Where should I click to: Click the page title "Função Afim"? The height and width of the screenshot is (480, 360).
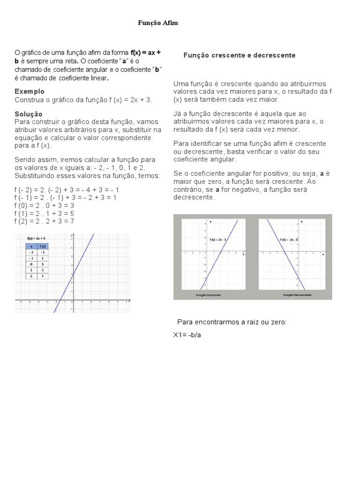[158, 22]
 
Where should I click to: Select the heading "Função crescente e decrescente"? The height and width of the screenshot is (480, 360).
[239, 55]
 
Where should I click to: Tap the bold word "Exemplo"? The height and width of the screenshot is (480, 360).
[30, 91]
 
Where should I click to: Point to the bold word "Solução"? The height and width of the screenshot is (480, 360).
[29, 114]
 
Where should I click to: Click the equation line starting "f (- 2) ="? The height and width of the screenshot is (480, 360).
[67, 190]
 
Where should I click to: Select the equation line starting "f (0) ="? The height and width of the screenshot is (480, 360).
[44, 205]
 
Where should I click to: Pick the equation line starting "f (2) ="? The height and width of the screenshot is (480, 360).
[44, 221]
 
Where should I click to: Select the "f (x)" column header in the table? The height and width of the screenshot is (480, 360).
[43, 246]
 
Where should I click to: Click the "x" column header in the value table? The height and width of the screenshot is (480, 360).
[31, 246]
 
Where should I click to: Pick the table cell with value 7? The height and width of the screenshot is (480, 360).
[43, 277]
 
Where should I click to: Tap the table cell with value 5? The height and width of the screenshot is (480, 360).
[43, 270]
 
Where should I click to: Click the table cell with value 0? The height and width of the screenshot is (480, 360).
[31, 264]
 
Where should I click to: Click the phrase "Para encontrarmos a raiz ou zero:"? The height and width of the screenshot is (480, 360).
[232, 322]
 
